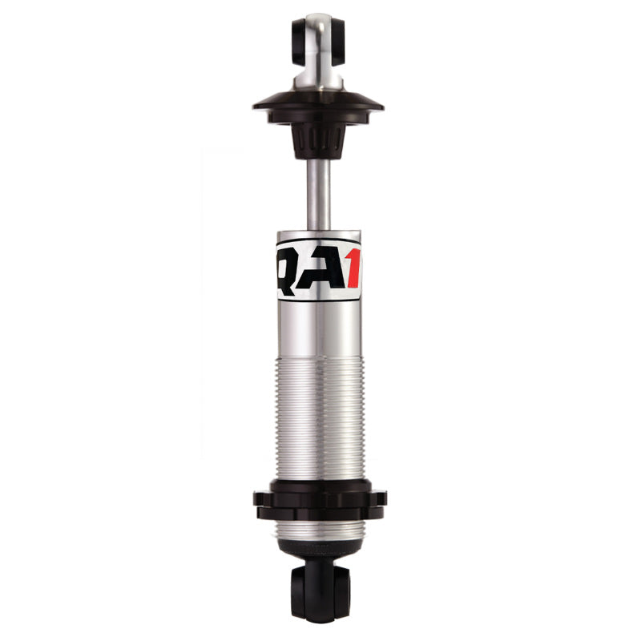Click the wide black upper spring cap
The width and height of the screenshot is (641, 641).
tap(319, 104)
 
